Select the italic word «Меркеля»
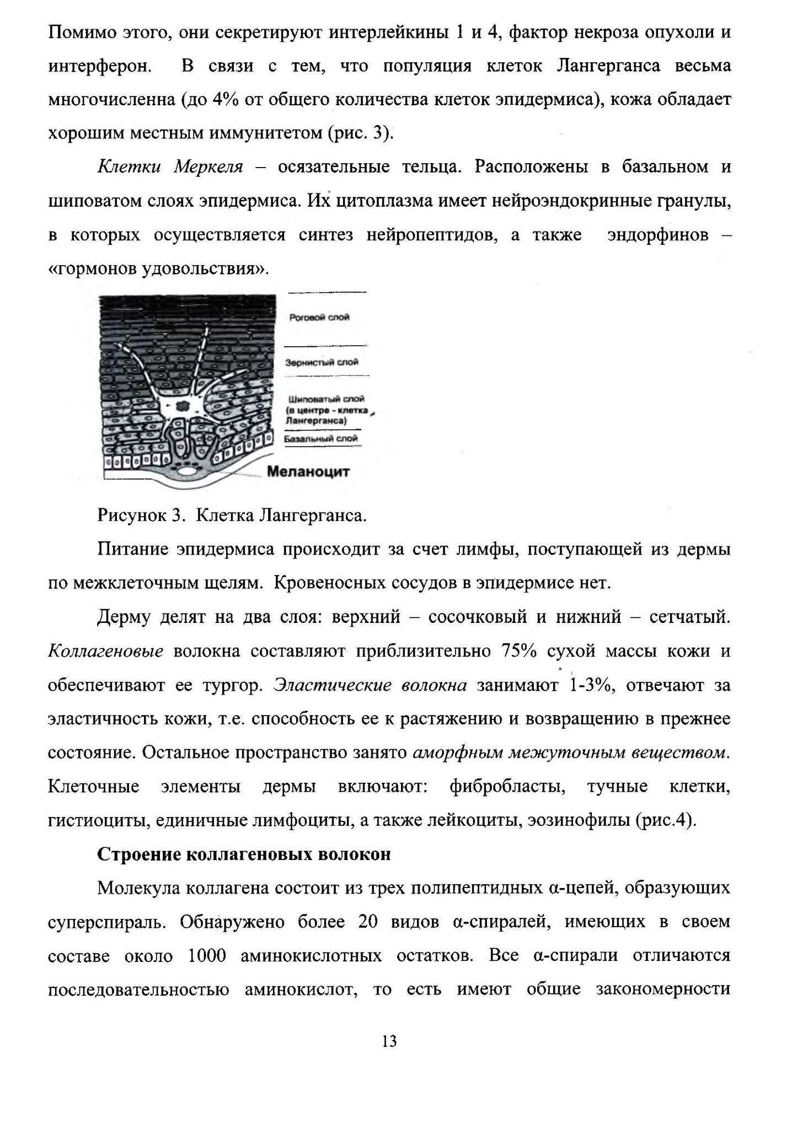(x=208, y=167)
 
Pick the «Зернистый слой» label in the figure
(x=322, y=362)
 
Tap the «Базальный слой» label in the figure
(x=321, y=439)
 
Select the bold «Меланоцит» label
(x=308, y=472)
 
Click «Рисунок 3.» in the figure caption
(x=140, y=515)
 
